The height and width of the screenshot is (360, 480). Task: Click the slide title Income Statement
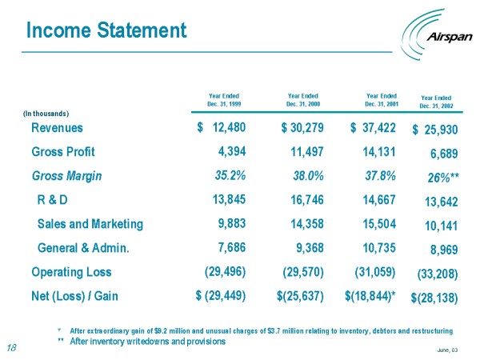click(106, 31)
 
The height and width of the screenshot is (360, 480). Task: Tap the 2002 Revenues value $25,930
click(435, 130)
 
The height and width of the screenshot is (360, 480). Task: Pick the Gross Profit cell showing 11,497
click(302, 151)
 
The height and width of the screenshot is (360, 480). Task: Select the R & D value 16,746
click(302, 199)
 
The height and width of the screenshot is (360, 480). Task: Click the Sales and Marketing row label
click(90, 224)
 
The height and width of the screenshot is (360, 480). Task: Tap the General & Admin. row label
click(84, 248)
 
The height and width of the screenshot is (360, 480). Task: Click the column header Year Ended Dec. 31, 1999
click(223, 99)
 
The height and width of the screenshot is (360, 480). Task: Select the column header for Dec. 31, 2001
click(382, 99)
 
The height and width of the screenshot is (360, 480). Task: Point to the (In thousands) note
click(46, 113)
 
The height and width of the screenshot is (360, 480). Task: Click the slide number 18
click(11, 347)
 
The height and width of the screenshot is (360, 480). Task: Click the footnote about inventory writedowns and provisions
click(142, 342)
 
